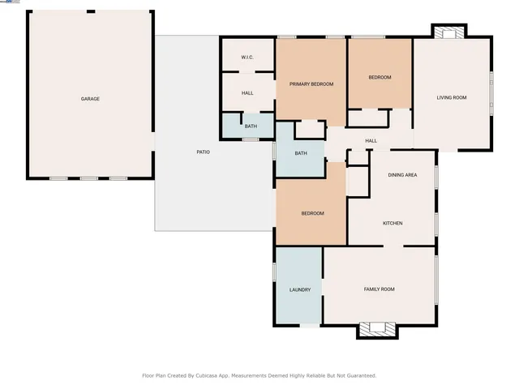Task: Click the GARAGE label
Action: coord(90,99)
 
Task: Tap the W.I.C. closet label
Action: coord(247,57)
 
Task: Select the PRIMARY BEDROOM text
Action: coord(311,84)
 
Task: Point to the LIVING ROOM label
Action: coord(452,97)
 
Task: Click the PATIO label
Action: coord(204,152)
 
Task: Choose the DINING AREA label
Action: coord(402,175)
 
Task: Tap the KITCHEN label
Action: coord(392,223)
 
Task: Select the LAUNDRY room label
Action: coord(300,289)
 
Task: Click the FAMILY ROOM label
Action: coord(379,289)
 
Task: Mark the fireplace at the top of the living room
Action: coord(448,33)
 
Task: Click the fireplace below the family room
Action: coord(377,329)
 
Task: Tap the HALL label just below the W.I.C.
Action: coord(247,93)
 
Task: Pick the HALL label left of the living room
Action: coord(371,141)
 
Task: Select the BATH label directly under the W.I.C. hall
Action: coord(251,126)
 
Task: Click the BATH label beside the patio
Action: coord(301,153)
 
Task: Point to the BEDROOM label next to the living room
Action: coord(380,77)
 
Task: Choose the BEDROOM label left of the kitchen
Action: coord(312,213)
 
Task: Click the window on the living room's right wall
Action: coord(491,89)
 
